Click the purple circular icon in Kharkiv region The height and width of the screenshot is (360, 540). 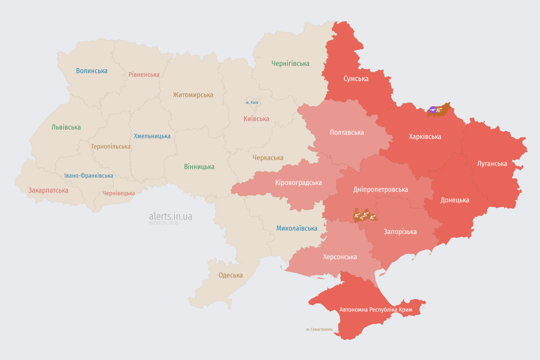click(433, 110)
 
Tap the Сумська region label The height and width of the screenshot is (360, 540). click(356, 79)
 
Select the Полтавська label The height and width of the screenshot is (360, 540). click(347, 133)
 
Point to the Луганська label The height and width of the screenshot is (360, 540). click(492, 164)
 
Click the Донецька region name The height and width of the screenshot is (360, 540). click(455, 200)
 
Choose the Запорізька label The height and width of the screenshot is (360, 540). click(400, 232)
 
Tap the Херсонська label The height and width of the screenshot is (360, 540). click(340, 257)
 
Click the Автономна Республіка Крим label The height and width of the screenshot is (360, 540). click(376, 310)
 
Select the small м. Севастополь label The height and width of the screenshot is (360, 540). click(319, 330)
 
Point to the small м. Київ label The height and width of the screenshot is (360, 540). click(252, 102)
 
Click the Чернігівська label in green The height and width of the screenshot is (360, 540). click(290, 63)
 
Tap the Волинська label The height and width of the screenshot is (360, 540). click(92, 71)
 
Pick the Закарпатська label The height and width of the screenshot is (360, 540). click(48, 190)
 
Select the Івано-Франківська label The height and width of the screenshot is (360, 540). click(89, 176)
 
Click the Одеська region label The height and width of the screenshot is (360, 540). click(231, 275)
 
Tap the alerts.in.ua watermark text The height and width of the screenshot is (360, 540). click(171, 217)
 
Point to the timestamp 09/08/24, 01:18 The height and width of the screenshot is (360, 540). click(164, 223)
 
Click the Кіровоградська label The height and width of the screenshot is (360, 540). click(299, 182)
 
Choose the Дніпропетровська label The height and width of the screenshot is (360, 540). click(380, 189)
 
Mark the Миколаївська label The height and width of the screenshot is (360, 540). click(297, 228)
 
